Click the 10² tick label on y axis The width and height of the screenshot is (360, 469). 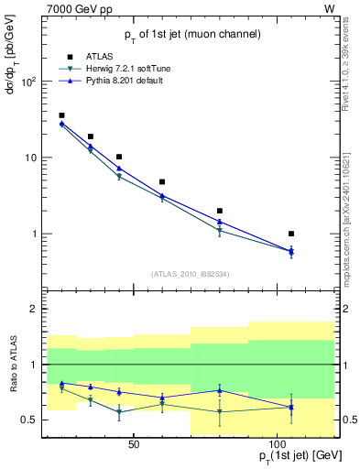click(x=27, y=82)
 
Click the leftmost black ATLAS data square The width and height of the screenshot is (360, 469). click(x=61, y=115)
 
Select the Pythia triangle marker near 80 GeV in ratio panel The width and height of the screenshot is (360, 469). click(x=220, y=390)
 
